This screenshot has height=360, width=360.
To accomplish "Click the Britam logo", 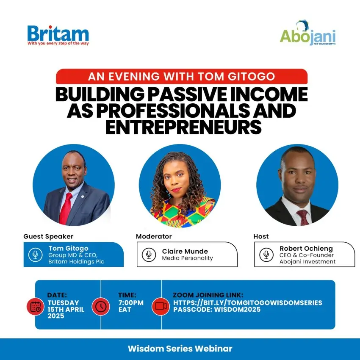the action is [x=58, y=35].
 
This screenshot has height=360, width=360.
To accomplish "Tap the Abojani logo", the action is [x=307, y=33].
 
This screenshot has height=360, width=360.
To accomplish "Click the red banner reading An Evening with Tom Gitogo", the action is [x=182, y=77].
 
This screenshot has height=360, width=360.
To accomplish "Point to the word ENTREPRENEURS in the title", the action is [x=183, y=127].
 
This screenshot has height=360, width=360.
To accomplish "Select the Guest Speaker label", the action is [x=48, y=236].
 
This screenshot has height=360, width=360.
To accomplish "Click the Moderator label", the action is [x=154, y=236].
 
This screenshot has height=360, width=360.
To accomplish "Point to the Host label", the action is [x=261, y=236].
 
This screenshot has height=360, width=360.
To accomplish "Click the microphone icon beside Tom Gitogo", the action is [x=35, y=255].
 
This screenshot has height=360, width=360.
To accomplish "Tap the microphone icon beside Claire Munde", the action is [x=149, y=255].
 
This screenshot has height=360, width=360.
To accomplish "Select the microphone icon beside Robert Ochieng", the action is [x=266, y=255].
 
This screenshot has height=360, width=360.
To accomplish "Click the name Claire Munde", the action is [x=185, y=251].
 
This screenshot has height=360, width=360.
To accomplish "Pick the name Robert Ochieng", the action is [x=306, y=249].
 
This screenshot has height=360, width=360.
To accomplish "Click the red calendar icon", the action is [x=35, y=307].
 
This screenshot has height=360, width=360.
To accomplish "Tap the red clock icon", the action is [x=100, y=307].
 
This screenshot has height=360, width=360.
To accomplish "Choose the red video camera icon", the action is [x=161, y=307].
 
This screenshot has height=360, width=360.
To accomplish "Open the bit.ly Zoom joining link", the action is [x=247, y=302].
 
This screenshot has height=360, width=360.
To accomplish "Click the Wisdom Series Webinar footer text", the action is [x=180, y=349].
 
